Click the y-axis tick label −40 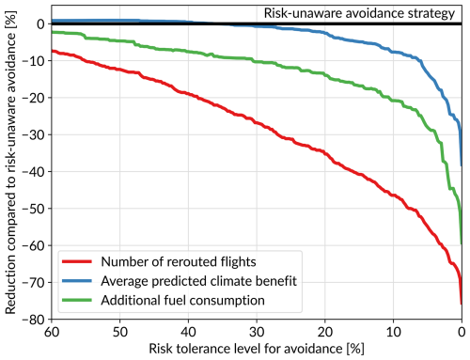click(34, 172)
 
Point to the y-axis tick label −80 click(34, 320)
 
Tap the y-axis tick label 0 click(40, 24)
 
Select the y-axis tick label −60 click(34, 245)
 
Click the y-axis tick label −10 click(34, 61)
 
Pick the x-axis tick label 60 click(52, 332)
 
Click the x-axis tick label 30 click(257, 332)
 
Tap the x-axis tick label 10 click(393, 332)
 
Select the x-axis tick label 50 click(120, 332)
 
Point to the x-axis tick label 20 click(325, 332)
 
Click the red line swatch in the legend click(77, 261)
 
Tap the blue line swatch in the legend click(77, 281)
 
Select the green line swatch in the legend click(77, 300)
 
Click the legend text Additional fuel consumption click(182, 300)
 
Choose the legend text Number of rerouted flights click(179, 261)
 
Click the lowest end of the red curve click(461, 304)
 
